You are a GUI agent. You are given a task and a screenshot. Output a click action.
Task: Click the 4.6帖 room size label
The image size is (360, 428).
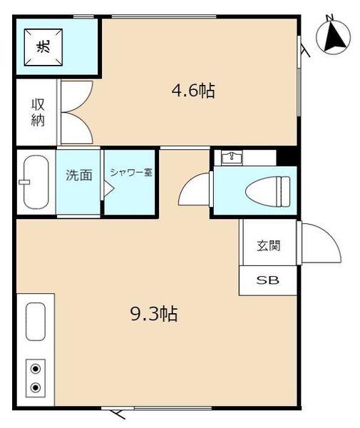point(192,91)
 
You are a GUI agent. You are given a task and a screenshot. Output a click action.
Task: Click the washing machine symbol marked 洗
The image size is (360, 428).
point(43,47)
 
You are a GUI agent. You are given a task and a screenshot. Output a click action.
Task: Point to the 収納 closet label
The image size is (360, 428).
point(38,112)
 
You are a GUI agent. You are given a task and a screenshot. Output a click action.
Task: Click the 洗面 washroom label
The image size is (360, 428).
point(79,175)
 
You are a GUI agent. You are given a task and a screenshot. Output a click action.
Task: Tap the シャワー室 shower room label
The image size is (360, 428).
point(130,173)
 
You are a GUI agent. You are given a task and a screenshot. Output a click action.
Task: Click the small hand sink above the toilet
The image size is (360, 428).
point(232,158)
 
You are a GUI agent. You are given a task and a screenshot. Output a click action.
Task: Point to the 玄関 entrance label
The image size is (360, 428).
point(268,246)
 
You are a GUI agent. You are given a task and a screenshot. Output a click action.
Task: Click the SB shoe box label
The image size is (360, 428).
point(268,281)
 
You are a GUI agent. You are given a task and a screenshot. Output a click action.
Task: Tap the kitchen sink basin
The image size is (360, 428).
point(36,321)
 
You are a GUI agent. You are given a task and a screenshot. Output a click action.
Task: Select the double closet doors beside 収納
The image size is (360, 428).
point(76,113)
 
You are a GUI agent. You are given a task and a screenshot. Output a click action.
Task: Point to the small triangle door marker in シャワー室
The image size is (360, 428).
point(107,188)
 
